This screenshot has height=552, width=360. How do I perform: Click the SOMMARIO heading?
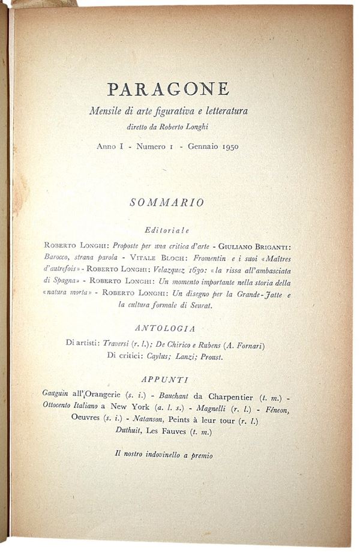(x=167, y=203)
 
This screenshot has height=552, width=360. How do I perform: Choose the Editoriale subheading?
(x=167, y=230)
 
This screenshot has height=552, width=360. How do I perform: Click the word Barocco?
(x=60, y=257)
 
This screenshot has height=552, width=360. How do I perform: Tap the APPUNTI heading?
(x=167, y=379)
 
